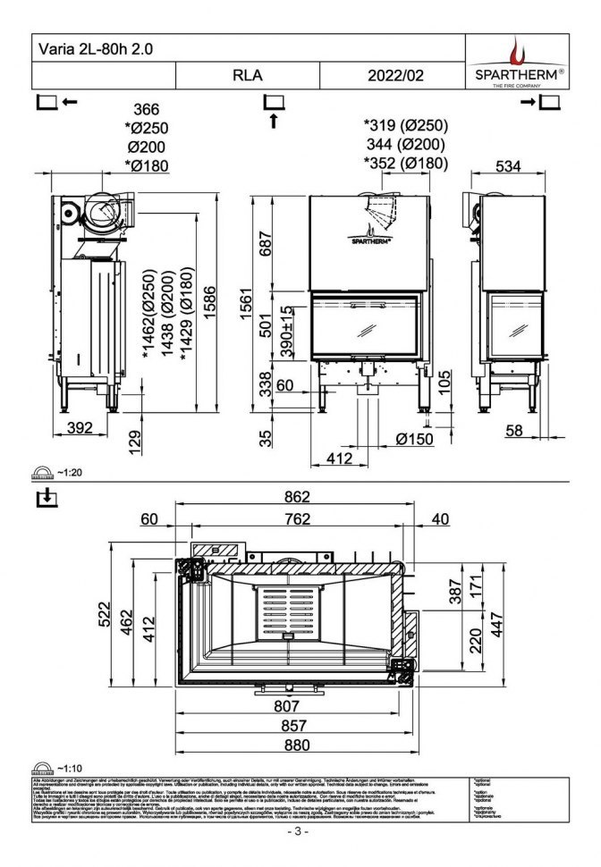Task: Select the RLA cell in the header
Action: pyautogui.click(x=248, y=76)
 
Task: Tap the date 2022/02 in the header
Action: pyautogui.click(x=395, y=76)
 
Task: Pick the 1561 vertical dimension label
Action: pyautogui.click(x=257, y=306)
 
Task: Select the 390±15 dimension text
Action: pyautogui.click(x=285, y=332)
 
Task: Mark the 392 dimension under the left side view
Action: pyautogui.click(x=81, y=428)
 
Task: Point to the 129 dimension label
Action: pyautogui.click(x=135, y=441)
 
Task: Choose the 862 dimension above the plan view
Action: pyautogui.click(x=296, y=497)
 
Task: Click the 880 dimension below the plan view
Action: pyautogui.click(x=296, y=744)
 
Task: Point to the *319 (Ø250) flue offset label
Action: pyautogui.click(x=405, y=126)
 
